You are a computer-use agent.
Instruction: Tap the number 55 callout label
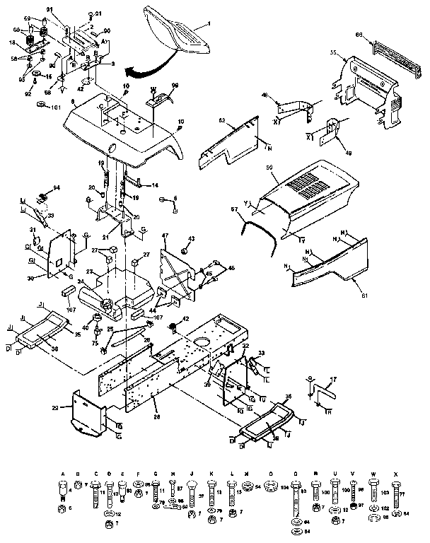point(333,53)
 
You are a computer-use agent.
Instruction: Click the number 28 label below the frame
point(157,418)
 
